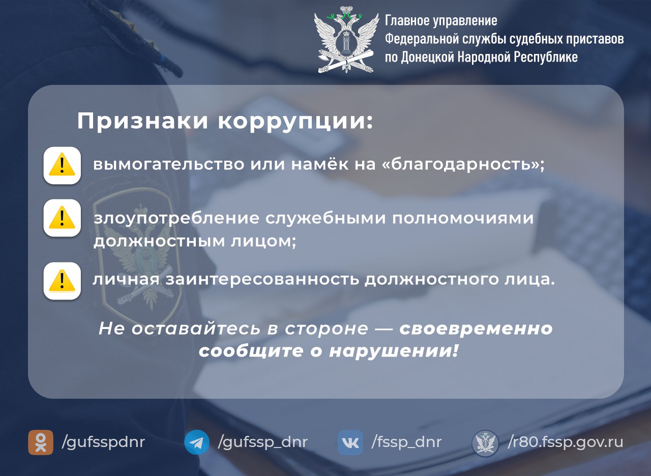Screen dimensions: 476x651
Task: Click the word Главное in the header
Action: pos(407,21)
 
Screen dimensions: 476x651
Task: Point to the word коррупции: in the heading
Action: pos(295,122)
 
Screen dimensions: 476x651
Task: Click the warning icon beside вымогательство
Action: pos(62,165)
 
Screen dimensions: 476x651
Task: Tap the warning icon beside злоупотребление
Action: pos(62,218)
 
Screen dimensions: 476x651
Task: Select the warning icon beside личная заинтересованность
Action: pos(62,280)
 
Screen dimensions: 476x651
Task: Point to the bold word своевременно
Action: pos(476,329)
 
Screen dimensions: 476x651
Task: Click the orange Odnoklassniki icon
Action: pos(41,442)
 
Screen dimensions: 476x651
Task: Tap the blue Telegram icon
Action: pos(196,442)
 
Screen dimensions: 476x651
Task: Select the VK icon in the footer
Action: pos(350,442)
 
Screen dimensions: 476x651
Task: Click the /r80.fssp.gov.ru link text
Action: pos(565,442)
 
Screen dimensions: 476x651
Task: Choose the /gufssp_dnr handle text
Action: pos(262,442)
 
